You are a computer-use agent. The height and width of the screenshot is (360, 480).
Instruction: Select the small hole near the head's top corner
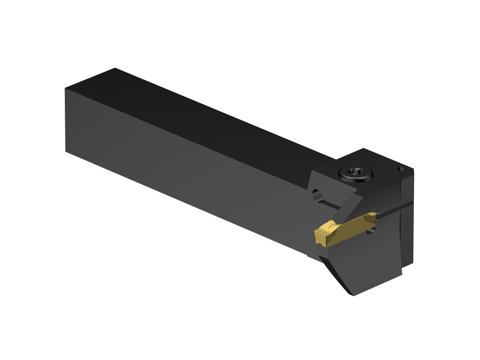(398, 169)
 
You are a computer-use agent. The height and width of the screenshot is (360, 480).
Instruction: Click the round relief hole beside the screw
(317, 195)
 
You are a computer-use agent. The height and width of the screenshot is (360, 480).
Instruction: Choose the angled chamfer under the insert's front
(334, 272)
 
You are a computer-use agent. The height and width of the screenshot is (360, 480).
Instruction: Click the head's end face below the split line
(406, 236)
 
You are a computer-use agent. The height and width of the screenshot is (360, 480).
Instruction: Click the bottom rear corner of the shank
(66, 151)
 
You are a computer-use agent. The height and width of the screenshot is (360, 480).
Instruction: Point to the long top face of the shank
(200, 120)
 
